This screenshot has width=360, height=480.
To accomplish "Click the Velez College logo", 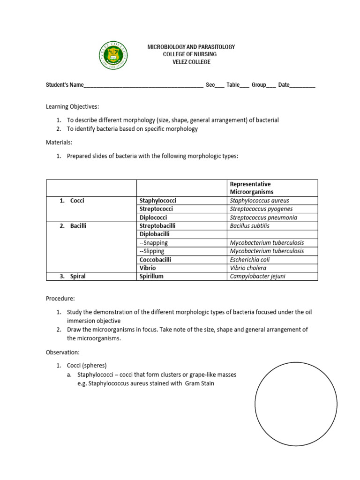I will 112,55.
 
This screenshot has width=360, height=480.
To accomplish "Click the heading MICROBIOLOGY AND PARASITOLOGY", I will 191,47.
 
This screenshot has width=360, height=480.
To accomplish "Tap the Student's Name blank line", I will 143,86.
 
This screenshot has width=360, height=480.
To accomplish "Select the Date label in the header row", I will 284,85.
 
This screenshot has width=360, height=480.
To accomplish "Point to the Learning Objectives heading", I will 72,107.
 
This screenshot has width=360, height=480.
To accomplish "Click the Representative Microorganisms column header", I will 250,188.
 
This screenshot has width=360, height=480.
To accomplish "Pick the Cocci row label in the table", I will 77,201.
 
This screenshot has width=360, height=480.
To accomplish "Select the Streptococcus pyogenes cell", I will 261,209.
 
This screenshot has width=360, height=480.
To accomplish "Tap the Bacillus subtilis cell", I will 249,226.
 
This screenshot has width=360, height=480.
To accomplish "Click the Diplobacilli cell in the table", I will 154,234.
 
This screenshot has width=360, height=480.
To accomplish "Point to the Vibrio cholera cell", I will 247,268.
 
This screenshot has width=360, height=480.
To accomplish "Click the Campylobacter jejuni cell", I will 257,276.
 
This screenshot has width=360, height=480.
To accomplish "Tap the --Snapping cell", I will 153,242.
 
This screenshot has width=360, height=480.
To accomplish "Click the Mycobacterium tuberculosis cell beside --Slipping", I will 267,251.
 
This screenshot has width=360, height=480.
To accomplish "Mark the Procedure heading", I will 60,298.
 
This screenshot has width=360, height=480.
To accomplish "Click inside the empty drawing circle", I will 295,405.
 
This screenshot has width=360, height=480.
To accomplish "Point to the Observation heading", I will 63,352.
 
